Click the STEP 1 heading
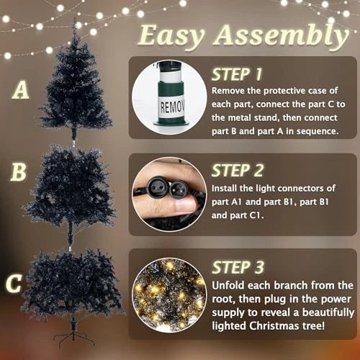point(237,74)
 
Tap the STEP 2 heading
point(238,171)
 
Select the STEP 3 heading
point(238,267)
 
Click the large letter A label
point(21,89)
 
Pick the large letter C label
point(14,284)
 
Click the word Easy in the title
point(171,36)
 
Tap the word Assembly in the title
point(281,36)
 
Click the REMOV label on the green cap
point(172,107)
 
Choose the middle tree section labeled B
point(70,192)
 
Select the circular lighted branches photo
point(169,294)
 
